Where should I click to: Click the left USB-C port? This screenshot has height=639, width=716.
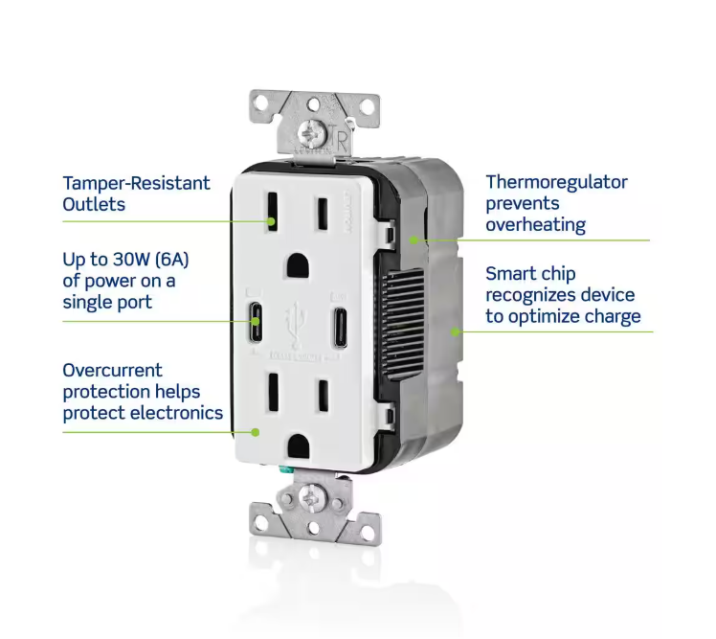tap(256, 321)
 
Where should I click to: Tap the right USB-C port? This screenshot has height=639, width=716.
tap(339, 328)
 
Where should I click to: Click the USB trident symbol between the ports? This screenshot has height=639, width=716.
tap(295, 324)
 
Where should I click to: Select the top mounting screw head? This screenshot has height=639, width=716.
tap(311, 134)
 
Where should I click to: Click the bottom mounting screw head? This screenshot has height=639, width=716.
tap(312, 497)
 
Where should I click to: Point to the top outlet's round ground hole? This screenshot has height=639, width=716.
tap(298, 266)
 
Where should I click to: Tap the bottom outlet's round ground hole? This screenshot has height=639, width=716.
tap(299, 446)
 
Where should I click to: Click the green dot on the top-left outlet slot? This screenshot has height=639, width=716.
tap(271, 221)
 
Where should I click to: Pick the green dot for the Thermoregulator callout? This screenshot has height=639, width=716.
tap(414, 240)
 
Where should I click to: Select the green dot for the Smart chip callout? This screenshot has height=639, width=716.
tap(455, 331)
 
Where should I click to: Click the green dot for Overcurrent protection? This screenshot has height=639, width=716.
tap(256, 432)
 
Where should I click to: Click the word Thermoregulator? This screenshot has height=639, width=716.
tap(556, 182)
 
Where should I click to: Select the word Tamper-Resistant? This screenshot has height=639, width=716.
tap(136, 183)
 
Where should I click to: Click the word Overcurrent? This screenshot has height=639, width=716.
tap(112, 370)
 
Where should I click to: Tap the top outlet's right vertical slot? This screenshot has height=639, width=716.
tap(323, 214)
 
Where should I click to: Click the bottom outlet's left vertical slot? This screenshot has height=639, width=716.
tap(274, 392)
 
